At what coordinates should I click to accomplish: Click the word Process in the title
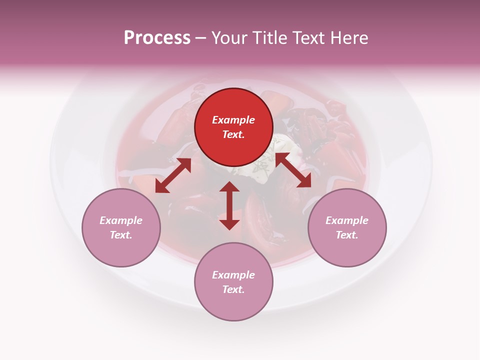157,38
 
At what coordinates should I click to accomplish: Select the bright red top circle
233,127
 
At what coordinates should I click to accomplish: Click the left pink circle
121,227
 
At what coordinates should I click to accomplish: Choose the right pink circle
346,227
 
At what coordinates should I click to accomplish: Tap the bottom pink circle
233,281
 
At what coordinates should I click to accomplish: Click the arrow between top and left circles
173,175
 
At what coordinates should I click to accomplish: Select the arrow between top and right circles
293,170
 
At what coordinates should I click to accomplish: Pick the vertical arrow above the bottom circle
229,205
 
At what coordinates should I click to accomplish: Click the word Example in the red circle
233,120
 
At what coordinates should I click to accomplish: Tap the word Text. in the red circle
233,134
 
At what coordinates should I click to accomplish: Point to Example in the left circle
121,220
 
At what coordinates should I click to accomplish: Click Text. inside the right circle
346,235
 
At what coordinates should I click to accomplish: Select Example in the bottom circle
233,275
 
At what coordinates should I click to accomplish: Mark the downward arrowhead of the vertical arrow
229,224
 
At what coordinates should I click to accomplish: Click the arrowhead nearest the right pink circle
305,181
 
